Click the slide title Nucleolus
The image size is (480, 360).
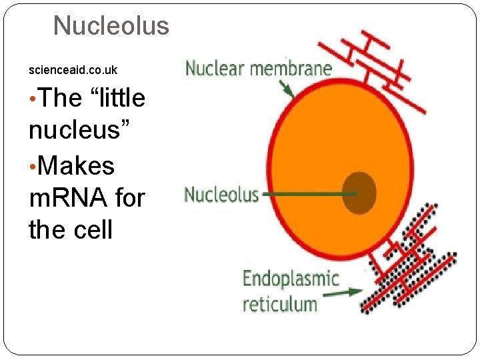tap(111, 26)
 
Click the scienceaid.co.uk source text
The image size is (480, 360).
tap(73, 69)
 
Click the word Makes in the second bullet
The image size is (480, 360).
tap(77, 165)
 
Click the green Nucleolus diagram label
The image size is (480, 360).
tap(221, 195)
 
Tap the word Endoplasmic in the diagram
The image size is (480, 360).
tap(290, 279)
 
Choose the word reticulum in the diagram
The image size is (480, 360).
tap(279, 305)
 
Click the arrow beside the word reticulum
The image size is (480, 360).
tap(343, 291)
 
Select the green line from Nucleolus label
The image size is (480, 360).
tap(307, 195)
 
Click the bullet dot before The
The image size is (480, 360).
tap(33, 99)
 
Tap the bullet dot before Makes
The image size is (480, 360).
tap(33, 165)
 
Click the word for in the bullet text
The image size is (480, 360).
tap(127, 197)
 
